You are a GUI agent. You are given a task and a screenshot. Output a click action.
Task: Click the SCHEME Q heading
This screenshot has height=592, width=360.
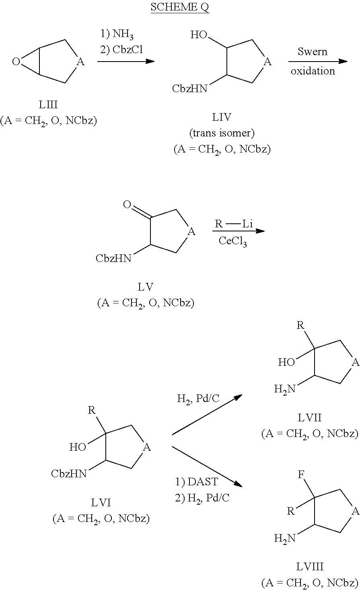pos(180,8)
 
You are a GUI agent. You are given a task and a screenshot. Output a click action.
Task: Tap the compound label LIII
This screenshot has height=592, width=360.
pos(48,105)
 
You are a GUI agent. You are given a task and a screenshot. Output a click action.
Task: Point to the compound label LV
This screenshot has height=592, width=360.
pos(145,287)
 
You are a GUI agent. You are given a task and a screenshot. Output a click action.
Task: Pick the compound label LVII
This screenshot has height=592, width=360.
pos(309,418)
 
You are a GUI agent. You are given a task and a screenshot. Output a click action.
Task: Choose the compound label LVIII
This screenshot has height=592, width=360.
pos(309,567)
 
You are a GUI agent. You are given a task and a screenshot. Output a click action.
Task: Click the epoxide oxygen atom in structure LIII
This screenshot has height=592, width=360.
pos(16,62)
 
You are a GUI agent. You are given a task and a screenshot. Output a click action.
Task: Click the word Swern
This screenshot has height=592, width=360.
pos(313,52)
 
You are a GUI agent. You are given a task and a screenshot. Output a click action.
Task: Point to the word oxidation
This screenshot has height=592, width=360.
pos(313,71)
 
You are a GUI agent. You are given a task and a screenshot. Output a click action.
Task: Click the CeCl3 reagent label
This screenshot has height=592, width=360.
pos(232,242)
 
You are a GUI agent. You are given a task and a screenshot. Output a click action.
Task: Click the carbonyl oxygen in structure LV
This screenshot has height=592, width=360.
pos(127,205)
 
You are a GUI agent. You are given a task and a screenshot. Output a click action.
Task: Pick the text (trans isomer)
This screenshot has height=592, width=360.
pos(222,133)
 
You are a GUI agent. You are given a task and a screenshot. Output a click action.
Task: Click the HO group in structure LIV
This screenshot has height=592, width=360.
pos(199,35)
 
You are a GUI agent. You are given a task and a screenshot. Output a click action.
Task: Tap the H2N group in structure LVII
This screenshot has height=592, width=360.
pos(284,389)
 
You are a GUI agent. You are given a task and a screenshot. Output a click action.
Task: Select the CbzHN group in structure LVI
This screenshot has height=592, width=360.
pos(69,474)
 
